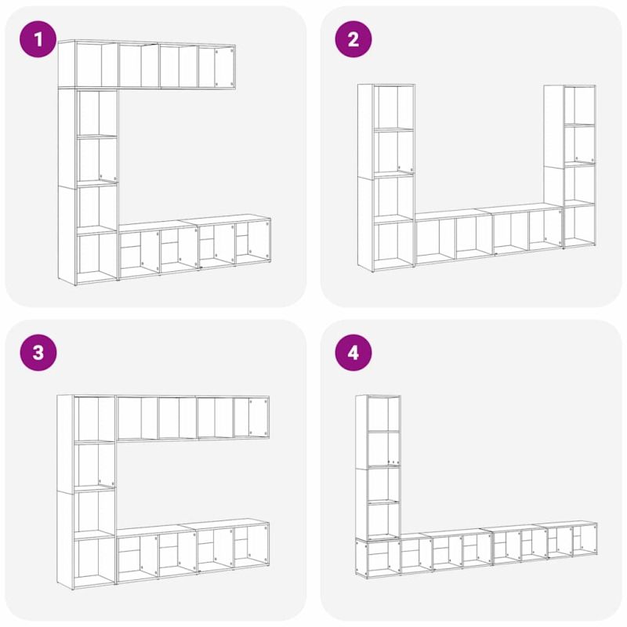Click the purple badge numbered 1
[38, 39]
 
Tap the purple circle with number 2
[353, 39]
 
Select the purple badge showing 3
[38, 353]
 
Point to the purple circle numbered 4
[353, 353]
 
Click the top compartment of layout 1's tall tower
[97, 113]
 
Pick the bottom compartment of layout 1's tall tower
[97, 255]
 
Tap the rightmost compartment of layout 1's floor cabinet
[252, 242]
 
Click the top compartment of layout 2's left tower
[394, 107]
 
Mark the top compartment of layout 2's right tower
[579, 105]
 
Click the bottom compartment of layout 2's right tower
[579, 225]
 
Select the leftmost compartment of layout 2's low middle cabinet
[435, 241]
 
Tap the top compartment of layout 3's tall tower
[94, 419]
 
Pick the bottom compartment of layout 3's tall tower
[94, 560]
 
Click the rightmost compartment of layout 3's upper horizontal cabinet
[251, 417]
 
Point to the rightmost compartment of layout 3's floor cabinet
[251, 545]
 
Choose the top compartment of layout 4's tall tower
[383, 413]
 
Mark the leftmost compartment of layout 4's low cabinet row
[378, 557]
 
